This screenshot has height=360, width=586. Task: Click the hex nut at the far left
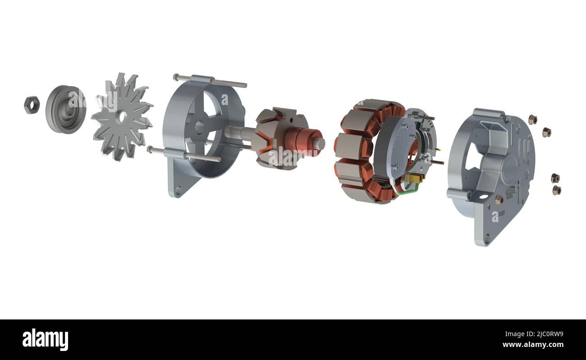[x=32, y=105]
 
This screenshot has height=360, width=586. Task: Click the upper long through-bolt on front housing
[x=211, y=81]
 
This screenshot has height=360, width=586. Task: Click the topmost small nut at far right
[x=532, y=119]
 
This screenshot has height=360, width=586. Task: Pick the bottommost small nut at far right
[x=557, y=190]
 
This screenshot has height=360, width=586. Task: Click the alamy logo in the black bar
[x=45, y=339]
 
